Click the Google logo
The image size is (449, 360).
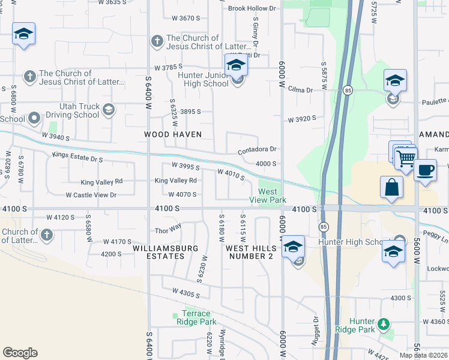point(20,353)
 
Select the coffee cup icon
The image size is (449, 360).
point(425,170)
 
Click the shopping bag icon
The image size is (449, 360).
point(391,187)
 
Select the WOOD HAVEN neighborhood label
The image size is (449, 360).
point(172,134)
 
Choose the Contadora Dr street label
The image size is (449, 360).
point(257,149)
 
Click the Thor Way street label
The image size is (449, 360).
point(168,229)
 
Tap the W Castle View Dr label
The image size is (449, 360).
point(91,195)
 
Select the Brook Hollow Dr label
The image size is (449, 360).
point(252,8)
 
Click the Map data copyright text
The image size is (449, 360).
point(424,355)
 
